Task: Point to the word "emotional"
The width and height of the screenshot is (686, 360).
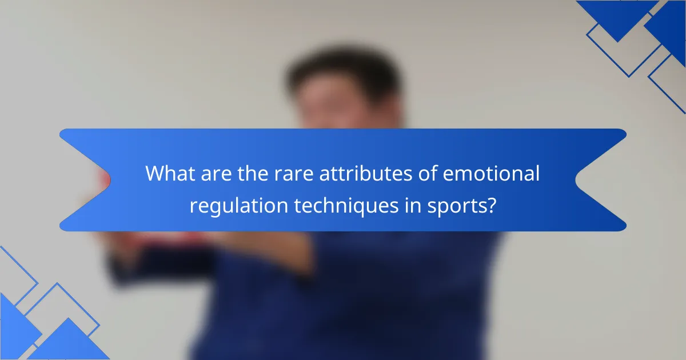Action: tap(491, 173)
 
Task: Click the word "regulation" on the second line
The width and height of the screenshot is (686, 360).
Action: tap(239, 206)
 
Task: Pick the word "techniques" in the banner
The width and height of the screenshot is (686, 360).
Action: tap(346, 206)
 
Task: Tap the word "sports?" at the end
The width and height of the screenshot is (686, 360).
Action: tap(461, 206)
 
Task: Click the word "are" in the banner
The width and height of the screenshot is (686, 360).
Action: tap(216, 174)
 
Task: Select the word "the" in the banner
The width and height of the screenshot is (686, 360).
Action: tap(253, 173)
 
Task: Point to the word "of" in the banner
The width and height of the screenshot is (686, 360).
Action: tap(428, 173)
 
